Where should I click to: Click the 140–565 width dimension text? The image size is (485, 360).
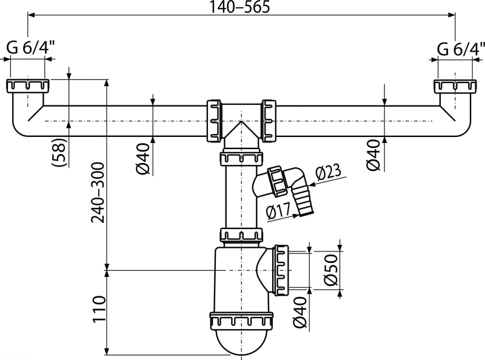[x=239, y=7]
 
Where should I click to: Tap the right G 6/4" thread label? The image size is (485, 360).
[x=461, y=48]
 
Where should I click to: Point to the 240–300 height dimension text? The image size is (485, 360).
[x=98, y=193]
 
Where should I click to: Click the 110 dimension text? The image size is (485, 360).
[x=99, y=308]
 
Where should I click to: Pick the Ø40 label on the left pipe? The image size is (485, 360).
[x=142, y=159]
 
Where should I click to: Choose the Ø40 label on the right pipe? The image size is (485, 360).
[x=373, y=155]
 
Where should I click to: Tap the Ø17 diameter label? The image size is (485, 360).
[x=278, y=212]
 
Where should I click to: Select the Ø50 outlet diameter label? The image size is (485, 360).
[x=330, y=270]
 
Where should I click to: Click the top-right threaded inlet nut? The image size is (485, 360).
[x=455, y=82]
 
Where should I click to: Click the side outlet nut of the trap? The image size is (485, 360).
[x=281, y=270]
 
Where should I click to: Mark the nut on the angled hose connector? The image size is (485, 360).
[x=278, y=181]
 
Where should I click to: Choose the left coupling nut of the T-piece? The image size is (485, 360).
[x=214, y=121]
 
